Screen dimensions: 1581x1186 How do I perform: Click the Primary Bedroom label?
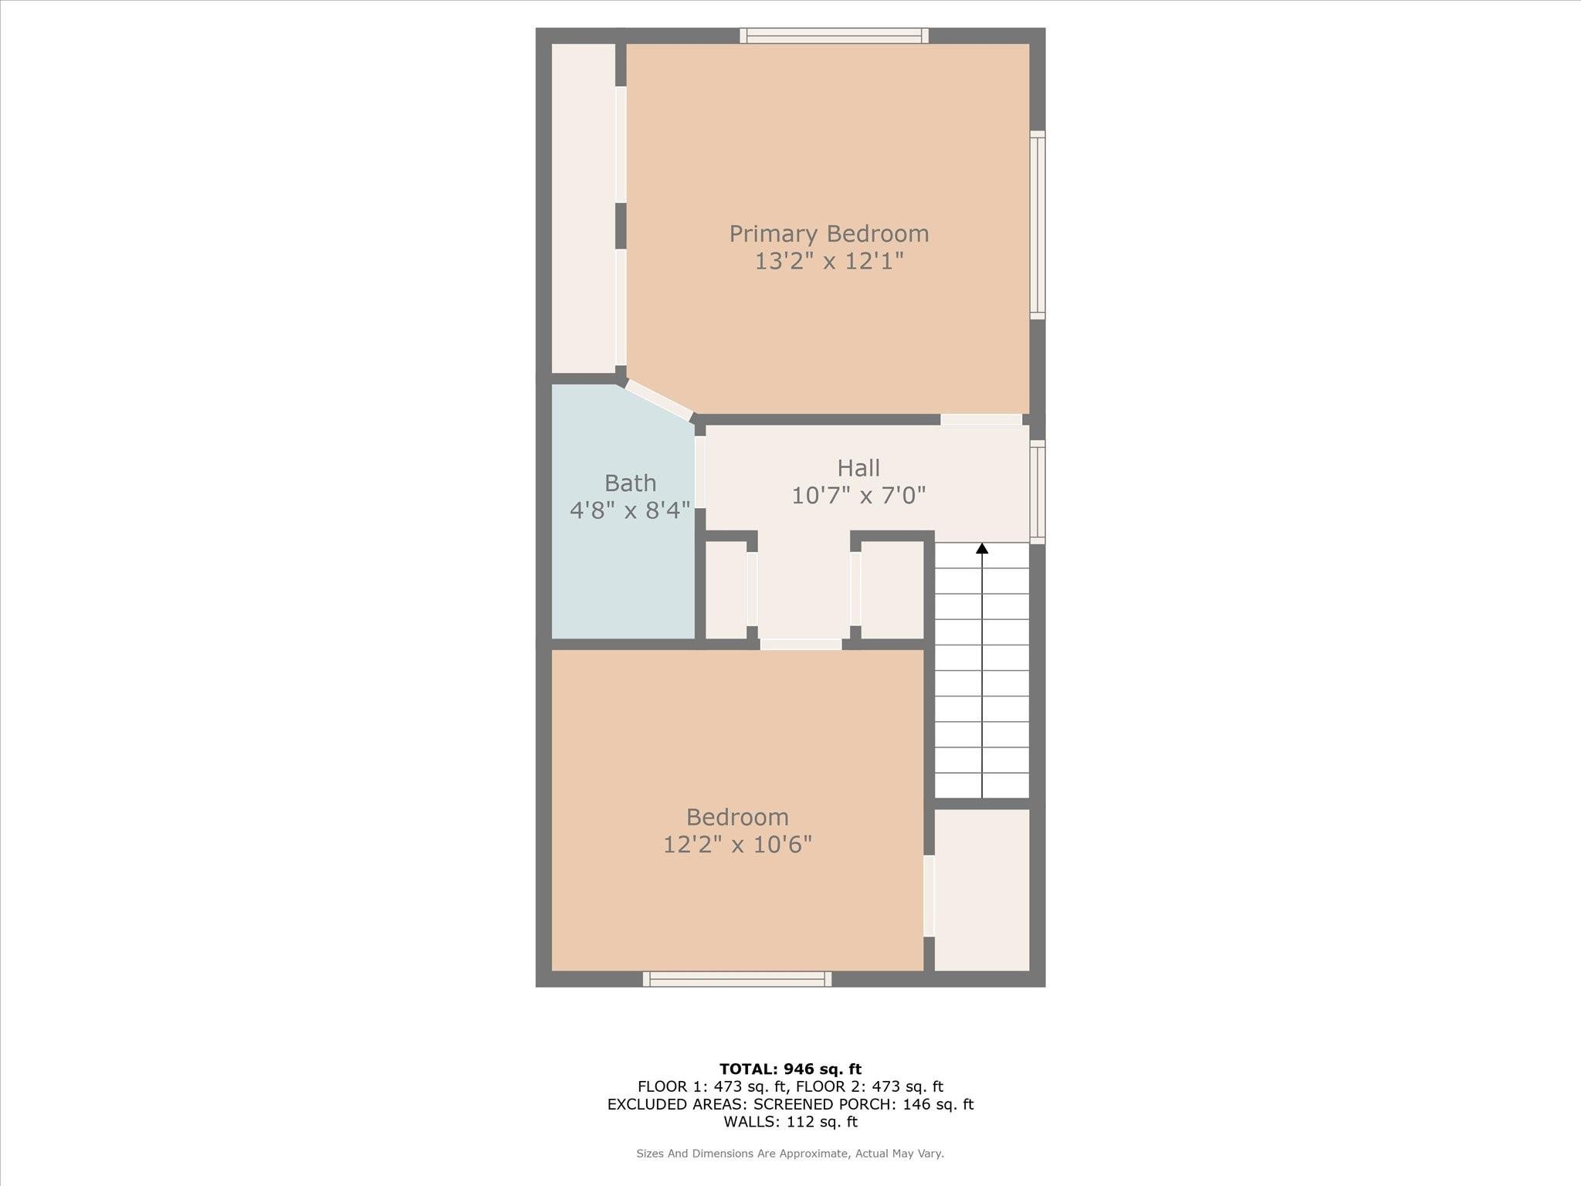point(829,233)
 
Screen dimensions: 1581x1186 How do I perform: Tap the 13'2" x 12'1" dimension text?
point(829,261)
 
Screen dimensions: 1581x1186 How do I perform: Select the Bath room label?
point(630,483)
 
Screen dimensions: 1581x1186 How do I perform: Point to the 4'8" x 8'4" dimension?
point(630,510)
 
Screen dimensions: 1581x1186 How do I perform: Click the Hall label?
point(858,468)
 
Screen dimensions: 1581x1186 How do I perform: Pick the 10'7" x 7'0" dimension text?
point(858,495)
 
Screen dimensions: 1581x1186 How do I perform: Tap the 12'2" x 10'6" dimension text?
point(738,845)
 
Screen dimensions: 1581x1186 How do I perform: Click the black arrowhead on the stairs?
point(982,548)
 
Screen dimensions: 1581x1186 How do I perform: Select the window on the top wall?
point(834,36)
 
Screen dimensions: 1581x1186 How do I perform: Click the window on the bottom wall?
point(737,979)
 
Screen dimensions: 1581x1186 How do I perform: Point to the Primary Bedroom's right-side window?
point(1038,225)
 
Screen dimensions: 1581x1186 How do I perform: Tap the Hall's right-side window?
point(1038,492)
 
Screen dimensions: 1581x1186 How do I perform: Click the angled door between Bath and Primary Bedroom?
point(658,400)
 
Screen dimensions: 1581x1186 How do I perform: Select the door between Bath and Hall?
point(700,472)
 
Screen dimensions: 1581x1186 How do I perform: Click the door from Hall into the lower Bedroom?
point(801,644)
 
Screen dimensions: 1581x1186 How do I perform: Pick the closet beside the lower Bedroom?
point(982,889)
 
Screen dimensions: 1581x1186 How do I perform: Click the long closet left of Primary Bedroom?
point(584,208)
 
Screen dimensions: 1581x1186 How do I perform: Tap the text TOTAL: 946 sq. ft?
point(790,1069)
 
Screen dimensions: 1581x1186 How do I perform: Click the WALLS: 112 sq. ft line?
point(790,1122)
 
